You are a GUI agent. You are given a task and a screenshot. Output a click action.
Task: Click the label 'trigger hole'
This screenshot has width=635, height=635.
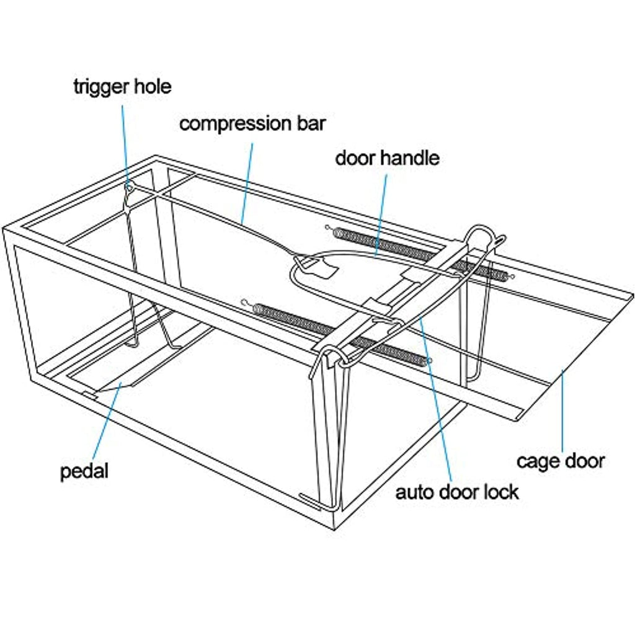(122, 86)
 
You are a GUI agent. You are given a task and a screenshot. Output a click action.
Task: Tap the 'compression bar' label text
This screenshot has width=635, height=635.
(252, 123)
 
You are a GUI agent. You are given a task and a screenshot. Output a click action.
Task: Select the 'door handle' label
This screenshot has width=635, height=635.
(387, 158)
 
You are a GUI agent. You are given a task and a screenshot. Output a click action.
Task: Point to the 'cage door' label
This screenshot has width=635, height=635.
(560, 461)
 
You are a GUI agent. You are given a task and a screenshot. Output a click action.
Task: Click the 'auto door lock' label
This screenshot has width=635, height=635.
(457, 492)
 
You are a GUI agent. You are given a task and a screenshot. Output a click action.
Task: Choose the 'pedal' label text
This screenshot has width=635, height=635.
(84, 471)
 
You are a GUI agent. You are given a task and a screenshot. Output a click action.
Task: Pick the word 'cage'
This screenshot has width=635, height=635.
(537, 461)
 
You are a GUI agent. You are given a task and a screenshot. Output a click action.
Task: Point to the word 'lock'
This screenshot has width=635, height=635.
(501, 492)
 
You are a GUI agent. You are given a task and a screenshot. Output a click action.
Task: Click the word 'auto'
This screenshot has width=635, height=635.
(414, 493)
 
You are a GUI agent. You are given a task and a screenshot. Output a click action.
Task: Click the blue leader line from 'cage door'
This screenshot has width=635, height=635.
(562, 409)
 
